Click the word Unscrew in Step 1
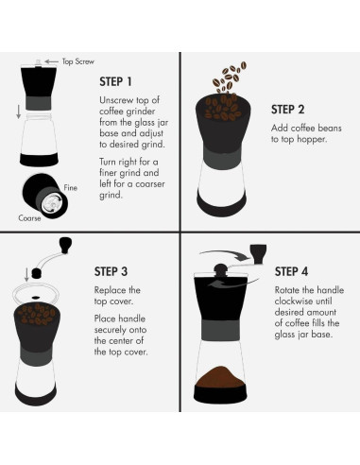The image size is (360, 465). pos(116,99)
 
